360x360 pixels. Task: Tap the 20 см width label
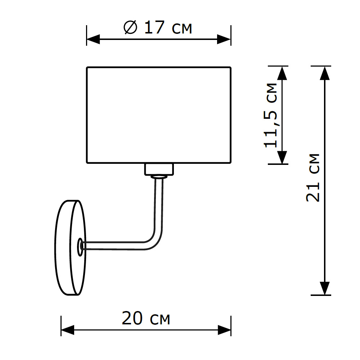146,319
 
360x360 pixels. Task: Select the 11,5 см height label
271,115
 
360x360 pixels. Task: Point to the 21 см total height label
312,177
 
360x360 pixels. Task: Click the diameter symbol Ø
130,27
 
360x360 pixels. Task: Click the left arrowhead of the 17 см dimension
93,39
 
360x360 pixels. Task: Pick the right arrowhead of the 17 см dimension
224,39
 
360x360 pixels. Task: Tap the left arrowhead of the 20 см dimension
67,329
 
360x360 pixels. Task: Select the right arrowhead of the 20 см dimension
224,329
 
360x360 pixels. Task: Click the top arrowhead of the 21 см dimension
325,73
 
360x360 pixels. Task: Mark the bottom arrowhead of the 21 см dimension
325,288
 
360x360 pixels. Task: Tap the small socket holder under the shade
159,169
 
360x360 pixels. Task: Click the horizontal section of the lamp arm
115,246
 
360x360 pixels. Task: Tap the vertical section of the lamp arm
159,205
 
